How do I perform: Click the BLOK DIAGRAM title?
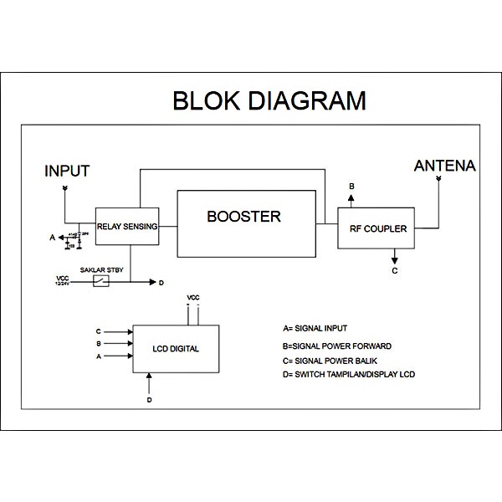[269, 100]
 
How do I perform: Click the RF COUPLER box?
[377, 227]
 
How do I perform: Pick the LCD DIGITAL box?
[176, 348]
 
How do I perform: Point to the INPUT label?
[67, 172]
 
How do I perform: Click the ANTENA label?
[444, 166]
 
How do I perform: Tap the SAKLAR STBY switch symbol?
[101, 282]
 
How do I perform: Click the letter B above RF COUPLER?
[351, 185]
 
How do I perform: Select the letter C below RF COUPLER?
[395, 271]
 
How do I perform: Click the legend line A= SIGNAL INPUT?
[315, 328]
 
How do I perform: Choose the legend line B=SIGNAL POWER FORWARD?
[336, 345]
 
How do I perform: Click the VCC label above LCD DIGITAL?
[193, 298]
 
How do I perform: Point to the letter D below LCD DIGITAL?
[149, 400]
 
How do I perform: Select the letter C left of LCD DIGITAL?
[99, 331]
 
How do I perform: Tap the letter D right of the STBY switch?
[161, 282]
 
